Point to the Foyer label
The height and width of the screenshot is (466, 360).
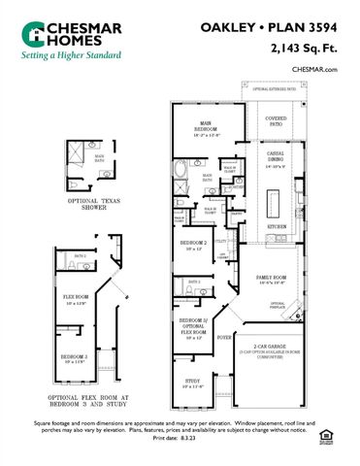(x=224, y=338)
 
